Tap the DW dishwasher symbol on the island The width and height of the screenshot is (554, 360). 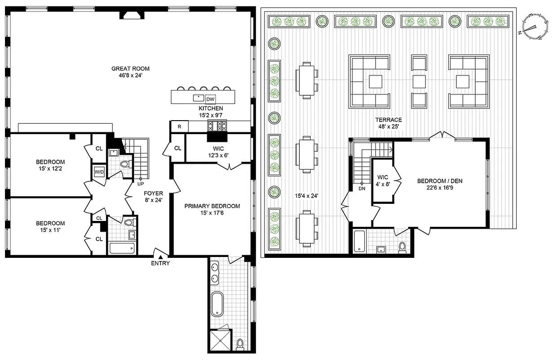(x=210, y=99)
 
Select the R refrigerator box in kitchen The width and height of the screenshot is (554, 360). (x=179, y=127)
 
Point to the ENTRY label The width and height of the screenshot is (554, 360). (x=160, y=263)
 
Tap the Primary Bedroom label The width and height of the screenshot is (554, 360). (x=212, y=206)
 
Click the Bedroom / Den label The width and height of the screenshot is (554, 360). (x=439, y=181)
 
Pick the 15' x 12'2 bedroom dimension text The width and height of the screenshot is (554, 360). (x=50, y=169)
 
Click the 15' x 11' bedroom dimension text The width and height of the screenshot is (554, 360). (x=50, y=230)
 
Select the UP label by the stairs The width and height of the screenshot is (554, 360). (x=141, y=184)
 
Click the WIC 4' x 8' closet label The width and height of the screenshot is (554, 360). (x=383, y=180)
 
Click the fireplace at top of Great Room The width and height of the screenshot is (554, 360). (x=131, y=15)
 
